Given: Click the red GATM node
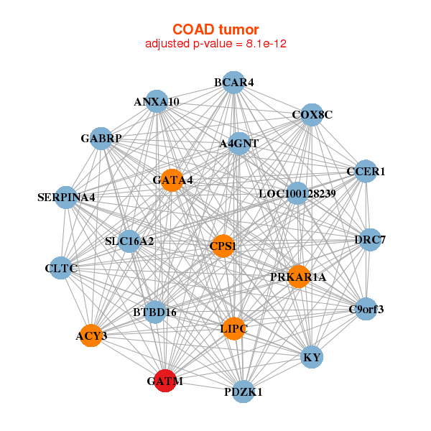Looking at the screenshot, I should [165, 381].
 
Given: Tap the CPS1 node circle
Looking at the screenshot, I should [223, 246].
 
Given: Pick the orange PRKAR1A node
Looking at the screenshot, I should [299, 277].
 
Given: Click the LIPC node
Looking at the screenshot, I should [233, 329].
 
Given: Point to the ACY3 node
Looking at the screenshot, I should [91, 335].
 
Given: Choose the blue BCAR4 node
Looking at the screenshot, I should [233, 83].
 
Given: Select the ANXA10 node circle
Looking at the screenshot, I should [157, 102].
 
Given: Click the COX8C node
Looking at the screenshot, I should [311, 114].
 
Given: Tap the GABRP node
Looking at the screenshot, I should [101, 138].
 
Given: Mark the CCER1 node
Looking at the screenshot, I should [366, 171].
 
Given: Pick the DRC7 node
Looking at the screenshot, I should [369, 239].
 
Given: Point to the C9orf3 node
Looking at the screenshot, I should [366, 310].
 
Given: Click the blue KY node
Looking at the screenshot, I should [312, 357].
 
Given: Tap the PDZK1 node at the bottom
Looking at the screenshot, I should [244, 392].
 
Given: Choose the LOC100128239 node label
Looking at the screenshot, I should [297, 194].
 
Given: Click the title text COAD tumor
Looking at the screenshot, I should [215, 29].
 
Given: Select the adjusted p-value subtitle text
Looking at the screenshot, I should [215, 44].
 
